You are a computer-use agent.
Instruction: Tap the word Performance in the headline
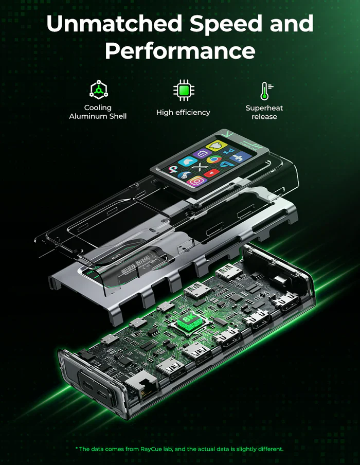pyautogui.click(x=180, y=51)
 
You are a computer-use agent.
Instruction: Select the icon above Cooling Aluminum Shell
pyautogui.click(x=98, y=90)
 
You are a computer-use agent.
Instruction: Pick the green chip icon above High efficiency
pyautogui.click(x=183, y=91)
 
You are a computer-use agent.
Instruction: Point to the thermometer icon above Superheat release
pyautogui.click(x=264, y=91)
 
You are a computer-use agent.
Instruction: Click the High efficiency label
pyautogui.click(x=183, y=113)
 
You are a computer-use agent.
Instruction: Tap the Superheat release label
pyautogui.click(x=264, y=112)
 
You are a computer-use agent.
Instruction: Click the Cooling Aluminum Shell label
pyautogui.click(x=98, y=112)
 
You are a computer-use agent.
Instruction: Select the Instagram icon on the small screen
pyautogui.click(x=196, y=181)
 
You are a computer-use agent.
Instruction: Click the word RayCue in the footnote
pyautogui.click(x=153, y=449)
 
